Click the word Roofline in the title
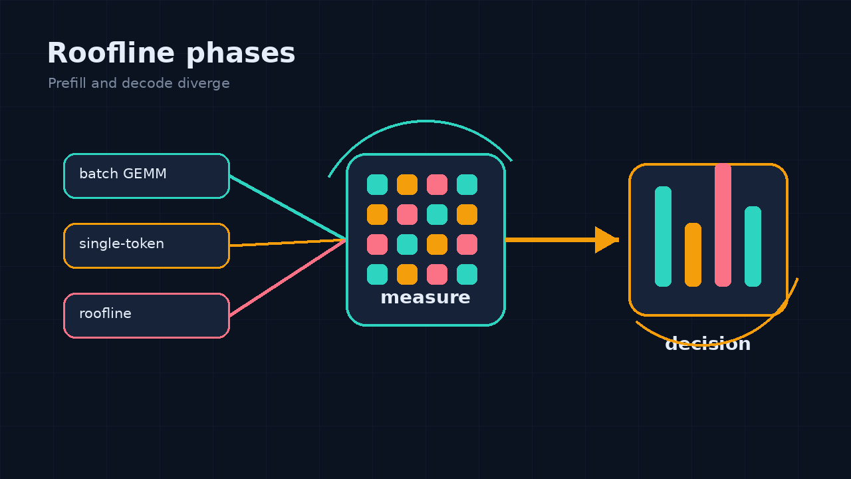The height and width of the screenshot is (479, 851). (111, 53)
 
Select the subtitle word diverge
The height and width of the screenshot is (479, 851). (203, 84)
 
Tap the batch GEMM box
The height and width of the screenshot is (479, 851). (147, 176)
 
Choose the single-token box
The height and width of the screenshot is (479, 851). (147, 246)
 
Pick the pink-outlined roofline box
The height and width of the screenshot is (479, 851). (147, 315)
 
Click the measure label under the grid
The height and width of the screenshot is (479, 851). (425, 297)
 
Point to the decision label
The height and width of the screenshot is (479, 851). (708, 344)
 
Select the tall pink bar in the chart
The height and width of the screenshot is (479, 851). (723, 225)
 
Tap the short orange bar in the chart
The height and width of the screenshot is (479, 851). (693, 255)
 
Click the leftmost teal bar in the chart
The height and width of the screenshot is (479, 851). (663, 236)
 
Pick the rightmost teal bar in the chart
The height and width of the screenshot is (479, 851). (753, 246)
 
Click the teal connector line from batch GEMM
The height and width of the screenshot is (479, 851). (288, 208)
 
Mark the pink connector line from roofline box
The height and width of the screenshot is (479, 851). (288, 277)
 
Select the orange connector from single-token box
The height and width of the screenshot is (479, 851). (288, 243)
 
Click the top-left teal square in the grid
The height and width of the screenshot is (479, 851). (377, 185)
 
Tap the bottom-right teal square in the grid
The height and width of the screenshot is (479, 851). (467, 275)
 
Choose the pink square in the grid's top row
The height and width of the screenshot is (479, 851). (437, 185)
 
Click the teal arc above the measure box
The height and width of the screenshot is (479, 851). (425, 122)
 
